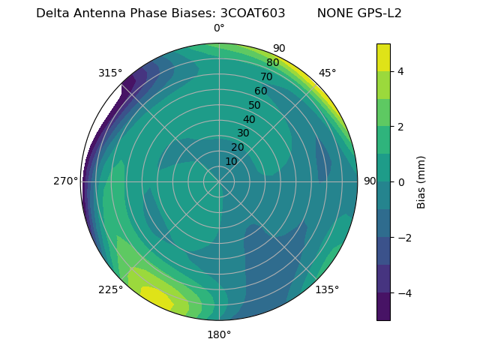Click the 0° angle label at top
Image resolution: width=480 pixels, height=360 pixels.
(x=219, y=28)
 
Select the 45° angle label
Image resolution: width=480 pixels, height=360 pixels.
(x=327, y=73)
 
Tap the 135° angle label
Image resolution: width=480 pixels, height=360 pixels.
(x=327, y=289)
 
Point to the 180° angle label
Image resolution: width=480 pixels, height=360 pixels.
(x=219, y=334)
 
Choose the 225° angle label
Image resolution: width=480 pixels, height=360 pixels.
(x=110, y=289)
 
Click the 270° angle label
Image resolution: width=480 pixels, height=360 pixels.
(x=65, y=181)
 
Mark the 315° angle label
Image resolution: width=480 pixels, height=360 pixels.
(x=110, y=73)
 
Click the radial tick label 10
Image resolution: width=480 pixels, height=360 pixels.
(x=231, y=161)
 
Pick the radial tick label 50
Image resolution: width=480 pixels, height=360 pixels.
(x=254, y=105)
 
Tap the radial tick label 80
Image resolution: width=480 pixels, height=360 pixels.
(x=272, y=62)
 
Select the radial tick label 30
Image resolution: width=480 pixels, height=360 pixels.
(x=243, y=133)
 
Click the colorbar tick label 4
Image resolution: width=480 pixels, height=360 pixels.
(x=400, y=71)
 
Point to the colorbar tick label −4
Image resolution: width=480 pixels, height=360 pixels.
(x=403, y=292)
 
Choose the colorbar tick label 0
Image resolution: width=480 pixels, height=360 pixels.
(x=400, y=181)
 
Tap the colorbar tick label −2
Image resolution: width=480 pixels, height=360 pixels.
(x=403, y=238)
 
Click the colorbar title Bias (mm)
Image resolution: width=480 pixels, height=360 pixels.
(x=421, y=181)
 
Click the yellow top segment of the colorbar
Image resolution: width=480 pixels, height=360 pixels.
(x=383, y=57)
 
